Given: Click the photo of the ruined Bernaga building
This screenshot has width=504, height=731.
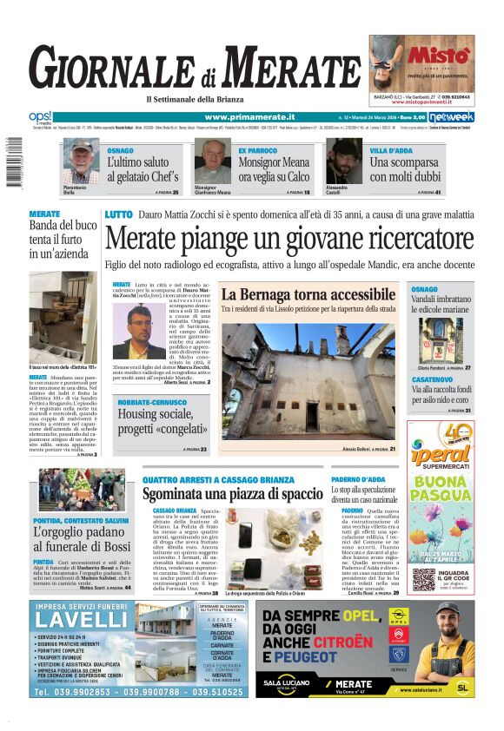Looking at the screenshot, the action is click(309, 380).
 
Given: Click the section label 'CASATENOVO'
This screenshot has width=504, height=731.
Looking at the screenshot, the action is click(432, 379).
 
